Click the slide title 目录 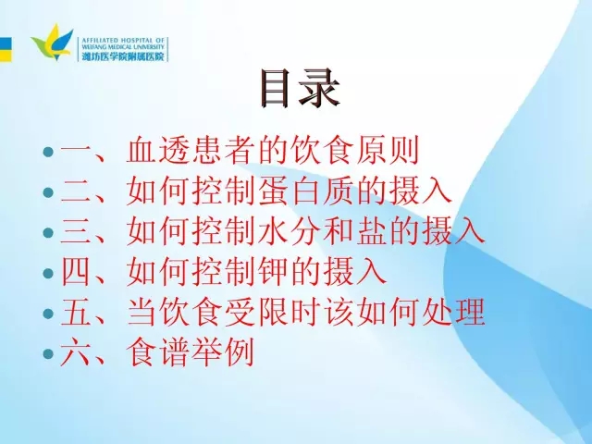300,89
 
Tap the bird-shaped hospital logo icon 52,42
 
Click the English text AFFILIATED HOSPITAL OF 123,40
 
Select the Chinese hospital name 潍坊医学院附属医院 123,55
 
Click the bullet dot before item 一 48,153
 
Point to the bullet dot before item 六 48,353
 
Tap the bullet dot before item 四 48,274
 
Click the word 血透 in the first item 157,152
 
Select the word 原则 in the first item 388,152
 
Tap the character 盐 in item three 370,232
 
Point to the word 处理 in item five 453,313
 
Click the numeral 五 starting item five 75,313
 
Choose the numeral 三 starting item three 75,232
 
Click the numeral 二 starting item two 75,192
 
